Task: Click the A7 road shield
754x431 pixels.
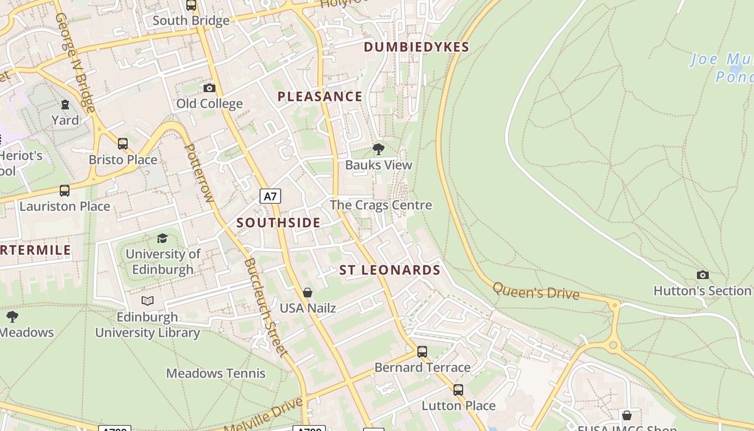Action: click(270, 196)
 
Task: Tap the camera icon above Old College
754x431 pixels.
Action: click(210, 88)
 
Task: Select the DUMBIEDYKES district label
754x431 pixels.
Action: click(416, 47)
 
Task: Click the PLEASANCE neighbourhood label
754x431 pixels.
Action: click(319, 97)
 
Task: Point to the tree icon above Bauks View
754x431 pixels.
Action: click(379, 149)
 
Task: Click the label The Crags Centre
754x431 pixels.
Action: click(380, 205)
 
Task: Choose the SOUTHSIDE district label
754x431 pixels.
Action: click(278, 223)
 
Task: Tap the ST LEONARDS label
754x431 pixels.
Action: click(390, 270)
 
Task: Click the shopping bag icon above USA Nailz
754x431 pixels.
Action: click(308, 293)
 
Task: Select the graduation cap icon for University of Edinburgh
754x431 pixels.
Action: click(162, 238)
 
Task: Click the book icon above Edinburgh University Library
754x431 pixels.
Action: click(148, 301)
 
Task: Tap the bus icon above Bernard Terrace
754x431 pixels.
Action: click(422, 352)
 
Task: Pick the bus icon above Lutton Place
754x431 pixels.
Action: click(458, 390)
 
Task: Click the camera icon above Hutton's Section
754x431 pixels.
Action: click(702, 275)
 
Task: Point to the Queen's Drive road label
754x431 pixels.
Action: click(536, 291)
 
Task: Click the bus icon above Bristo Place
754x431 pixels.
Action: click(123, 144)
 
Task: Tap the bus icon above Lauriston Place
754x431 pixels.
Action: click(65, 190)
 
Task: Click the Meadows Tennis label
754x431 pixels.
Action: click(215, 373)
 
